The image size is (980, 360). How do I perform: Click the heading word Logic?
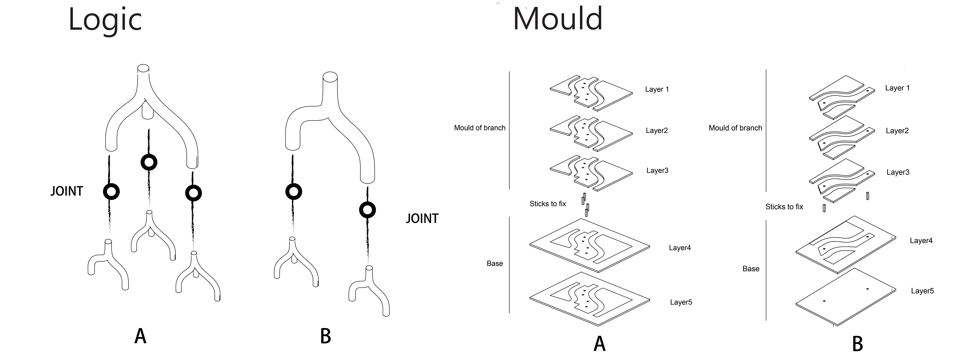click(x=105, y=20)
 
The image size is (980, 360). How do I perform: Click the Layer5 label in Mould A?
click(x=681, y=302)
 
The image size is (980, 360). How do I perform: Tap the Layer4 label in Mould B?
click(x=921, y=241)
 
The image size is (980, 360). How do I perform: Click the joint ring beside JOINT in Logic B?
click(x=368, y=210)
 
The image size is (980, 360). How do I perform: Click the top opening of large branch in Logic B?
click(x=330, y=77)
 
